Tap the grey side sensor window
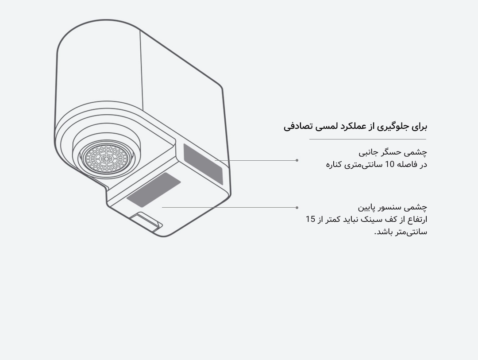point(203,164)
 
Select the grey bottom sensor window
point(154,189)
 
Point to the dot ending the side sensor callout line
point(297,160)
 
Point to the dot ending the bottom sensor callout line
point(297,208)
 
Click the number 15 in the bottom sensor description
point(310,219)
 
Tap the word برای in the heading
point(420,126)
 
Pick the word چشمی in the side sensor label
point(417,152)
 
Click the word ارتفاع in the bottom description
point(416,220)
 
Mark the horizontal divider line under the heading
point(368,139)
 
